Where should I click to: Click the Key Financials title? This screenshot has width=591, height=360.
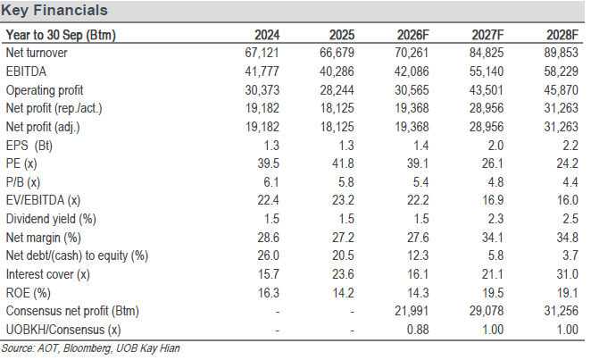(x=54, y=10)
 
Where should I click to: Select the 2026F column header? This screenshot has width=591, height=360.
(x=412, y=35)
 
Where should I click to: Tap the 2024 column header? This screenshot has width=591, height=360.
(x=267, y=35)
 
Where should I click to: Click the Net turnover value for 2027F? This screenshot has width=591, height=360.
(x=487, y=53)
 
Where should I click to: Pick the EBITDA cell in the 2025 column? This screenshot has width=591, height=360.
(x=337, y=71)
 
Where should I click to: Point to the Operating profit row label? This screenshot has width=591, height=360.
(x=45, y=90)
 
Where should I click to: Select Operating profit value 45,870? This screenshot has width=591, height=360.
(x=561, y=90)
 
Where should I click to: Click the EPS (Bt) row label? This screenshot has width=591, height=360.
(x=29, y=146)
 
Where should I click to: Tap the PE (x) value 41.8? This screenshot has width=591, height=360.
(x=343, y=163)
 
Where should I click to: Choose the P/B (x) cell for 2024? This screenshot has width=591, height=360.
(x=271, y=182)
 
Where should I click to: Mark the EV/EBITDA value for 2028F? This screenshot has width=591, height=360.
(x=568, y=200)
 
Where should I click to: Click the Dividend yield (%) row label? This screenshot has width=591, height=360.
(x=51, y=219)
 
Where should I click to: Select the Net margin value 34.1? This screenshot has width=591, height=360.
(x=493, y=238)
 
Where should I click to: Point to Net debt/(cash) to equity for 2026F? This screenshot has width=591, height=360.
(x=418, y=255)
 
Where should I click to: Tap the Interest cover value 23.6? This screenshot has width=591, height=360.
(x=343, y=274)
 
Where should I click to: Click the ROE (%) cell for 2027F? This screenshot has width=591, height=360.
(x=493, y=293)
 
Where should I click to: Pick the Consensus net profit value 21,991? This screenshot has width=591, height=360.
(x=412, y=311)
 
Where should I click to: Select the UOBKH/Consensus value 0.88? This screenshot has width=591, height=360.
(x=418, y=330)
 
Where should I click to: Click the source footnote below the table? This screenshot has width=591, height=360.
(x=90, y=348)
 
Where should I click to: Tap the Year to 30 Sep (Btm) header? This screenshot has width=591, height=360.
(x=61, y=35)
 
